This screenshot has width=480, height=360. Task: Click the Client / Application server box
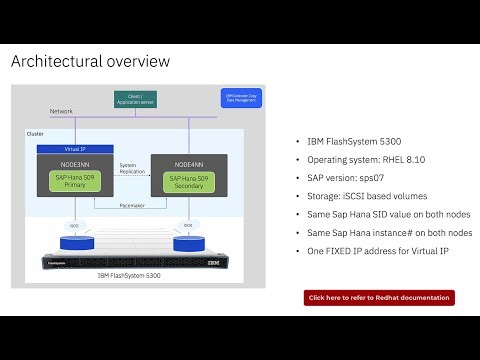[x=135, y=99]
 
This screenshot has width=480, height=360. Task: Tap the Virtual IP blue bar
[x=73, y=148]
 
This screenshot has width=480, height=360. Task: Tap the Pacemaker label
[x=130, y=206]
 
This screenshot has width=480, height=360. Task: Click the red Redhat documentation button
[x=379, y=297]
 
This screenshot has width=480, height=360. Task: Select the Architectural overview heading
[x=90, y=62]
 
